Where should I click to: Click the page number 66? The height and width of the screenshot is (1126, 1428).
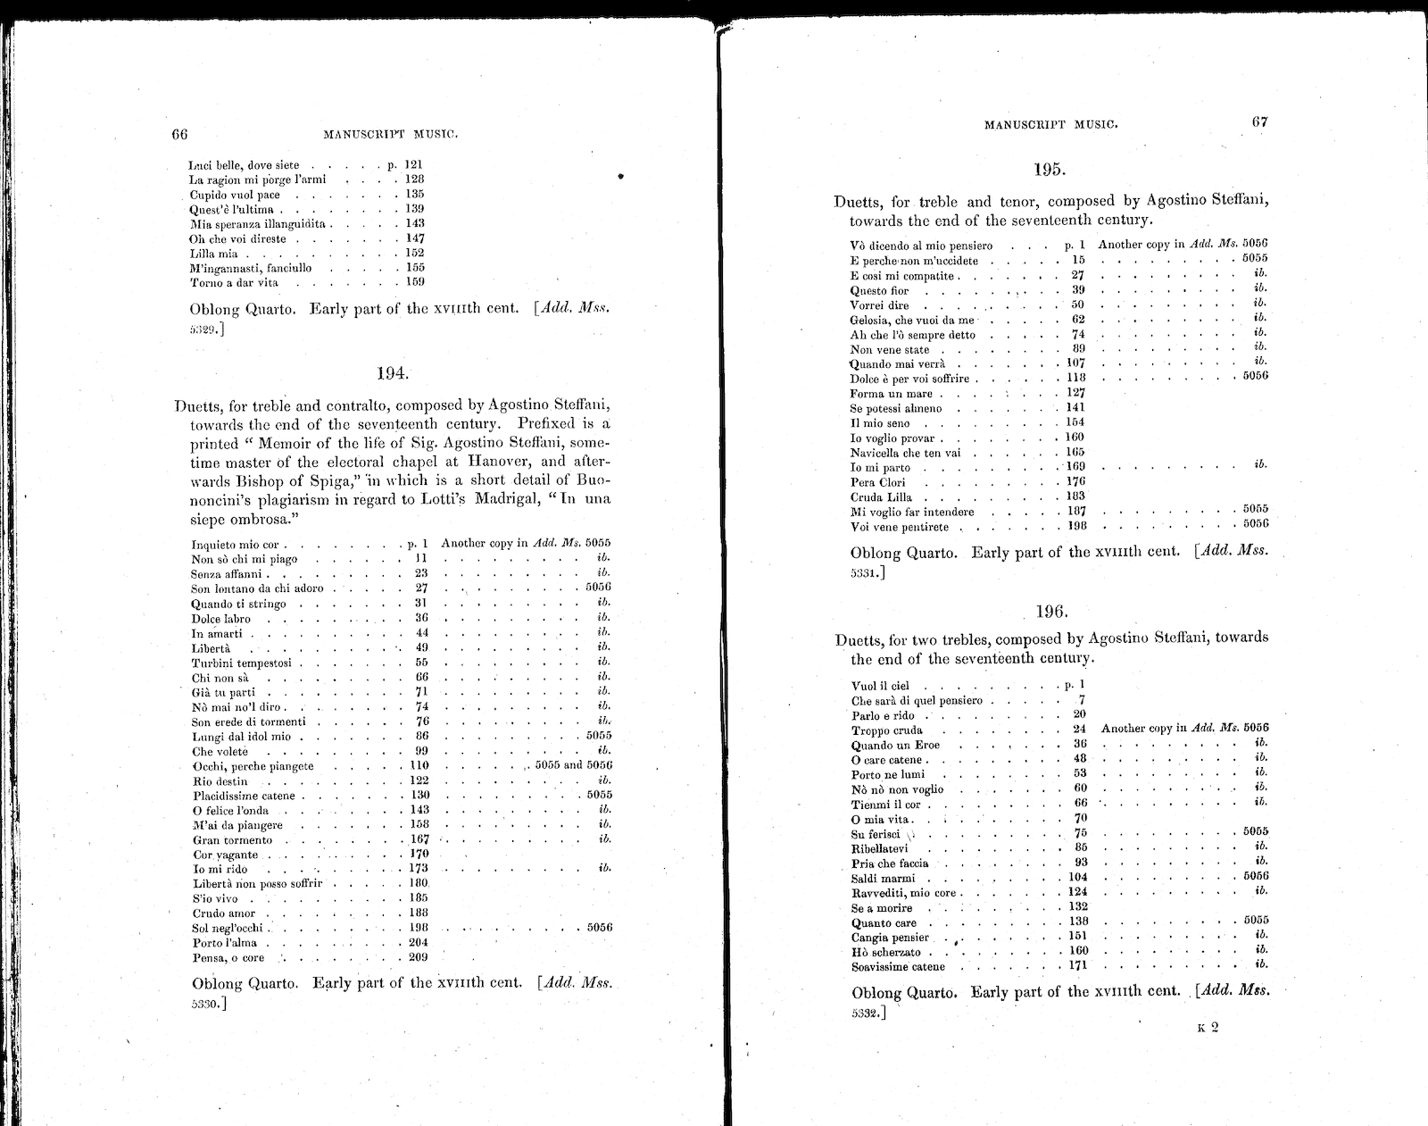click(x=179, y=135)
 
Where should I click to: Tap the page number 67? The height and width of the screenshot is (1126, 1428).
click(x=1259, y=122)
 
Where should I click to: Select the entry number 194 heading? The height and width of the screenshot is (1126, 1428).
click(x=392, y=373)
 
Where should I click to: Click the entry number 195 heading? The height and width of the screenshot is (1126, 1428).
click(x=1050, y=169)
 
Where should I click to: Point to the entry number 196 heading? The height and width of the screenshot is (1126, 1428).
click(x=1050, y=612)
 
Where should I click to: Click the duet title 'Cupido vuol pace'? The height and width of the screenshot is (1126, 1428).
click(x=235, y=195)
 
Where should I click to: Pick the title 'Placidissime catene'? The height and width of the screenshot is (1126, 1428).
click(x=244, y=795)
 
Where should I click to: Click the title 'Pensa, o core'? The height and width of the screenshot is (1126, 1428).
click(x=228, y=957)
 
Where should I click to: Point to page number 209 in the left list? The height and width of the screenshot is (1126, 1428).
click(x=418, y=957)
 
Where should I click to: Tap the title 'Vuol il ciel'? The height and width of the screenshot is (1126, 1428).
click(x=880, y=686)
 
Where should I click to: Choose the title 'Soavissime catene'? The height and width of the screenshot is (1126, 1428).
click(x=898, y=966)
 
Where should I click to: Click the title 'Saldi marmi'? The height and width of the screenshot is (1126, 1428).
click(x=884, y=878)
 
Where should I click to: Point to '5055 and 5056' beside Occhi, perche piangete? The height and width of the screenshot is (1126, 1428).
click(x=572, y=765)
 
